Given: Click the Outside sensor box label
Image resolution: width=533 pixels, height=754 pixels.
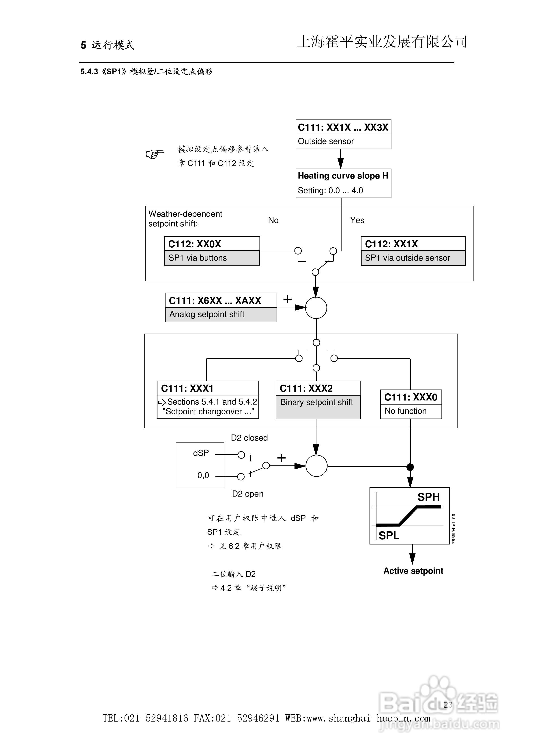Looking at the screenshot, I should (x=326, y=141).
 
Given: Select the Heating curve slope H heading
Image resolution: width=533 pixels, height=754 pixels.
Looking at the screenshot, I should (x=343, y=176).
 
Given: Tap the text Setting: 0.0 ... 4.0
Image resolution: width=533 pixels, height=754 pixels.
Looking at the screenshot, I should (x=330, y=191).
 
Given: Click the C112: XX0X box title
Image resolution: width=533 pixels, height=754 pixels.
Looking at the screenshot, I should (x=195, y=244).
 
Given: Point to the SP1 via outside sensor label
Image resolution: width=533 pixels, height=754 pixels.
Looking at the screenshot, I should (x=407, y=258).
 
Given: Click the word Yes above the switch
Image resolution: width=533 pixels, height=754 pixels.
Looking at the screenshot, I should (x=357, y=220).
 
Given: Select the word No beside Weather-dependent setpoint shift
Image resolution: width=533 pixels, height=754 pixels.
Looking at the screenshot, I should (x=273, y=220).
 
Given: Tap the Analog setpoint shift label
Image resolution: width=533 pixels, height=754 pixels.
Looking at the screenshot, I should (x=207, y=315).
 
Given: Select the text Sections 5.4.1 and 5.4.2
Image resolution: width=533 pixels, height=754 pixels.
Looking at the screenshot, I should (x=212, y=402).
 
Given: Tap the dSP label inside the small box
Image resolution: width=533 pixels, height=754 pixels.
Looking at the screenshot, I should (x=201, y=453).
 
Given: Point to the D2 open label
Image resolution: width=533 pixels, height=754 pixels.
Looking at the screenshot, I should (x=247, y=494).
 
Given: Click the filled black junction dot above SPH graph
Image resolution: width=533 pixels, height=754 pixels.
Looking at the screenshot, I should (x=410, y=467).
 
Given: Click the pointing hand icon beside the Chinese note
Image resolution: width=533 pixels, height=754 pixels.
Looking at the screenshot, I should (x=155, y=154).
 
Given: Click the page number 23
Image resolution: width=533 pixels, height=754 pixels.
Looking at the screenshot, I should (x=447, y=705).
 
